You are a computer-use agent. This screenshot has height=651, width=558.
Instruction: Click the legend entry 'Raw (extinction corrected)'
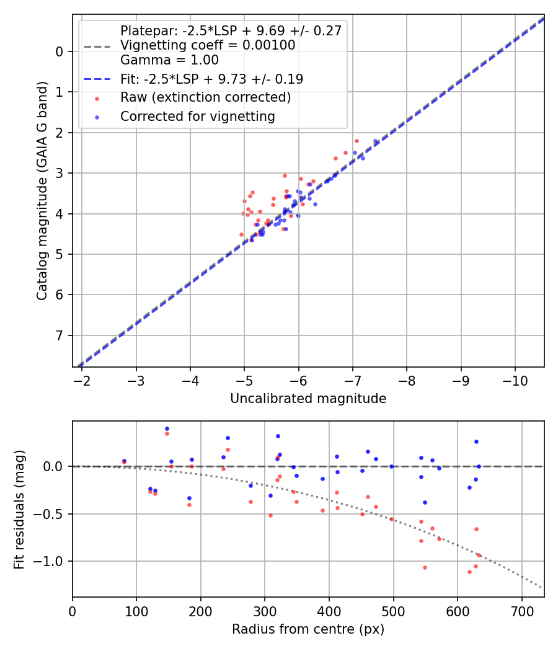coord(205,97)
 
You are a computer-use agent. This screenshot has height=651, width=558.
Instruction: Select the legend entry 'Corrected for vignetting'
coord(198,116)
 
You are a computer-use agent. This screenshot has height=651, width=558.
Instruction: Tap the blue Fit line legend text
coord(211,79)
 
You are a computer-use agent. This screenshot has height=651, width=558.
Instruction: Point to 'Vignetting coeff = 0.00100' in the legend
coord(208,45)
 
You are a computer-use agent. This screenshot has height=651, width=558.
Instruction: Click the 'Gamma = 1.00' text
coord(169,60)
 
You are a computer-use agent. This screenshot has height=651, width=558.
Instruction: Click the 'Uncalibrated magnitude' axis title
coord(308,399)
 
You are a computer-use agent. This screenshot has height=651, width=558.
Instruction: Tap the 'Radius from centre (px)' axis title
coord(308,629)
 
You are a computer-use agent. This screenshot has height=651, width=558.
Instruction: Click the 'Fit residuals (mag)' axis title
coord(19,509)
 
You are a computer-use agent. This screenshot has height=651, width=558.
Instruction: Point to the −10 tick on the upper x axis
coord(515,380)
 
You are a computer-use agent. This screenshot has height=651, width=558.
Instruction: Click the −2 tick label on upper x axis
coord(82,380)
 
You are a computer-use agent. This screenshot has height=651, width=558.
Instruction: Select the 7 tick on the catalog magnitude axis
coord(60,335)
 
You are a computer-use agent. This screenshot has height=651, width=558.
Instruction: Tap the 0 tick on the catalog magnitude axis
coord(60,51)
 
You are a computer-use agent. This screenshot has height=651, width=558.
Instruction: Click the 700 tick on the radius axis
coord(521,611)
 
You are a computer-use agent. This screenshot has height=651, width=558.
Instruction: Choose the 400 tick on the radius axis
coord(329,611)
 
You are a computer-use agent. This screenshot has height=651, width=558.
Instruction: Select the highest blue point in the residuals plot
coord(167,428)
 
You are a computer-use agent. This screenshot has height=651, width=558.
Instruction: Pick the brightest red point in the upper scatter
coord(356,141)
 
